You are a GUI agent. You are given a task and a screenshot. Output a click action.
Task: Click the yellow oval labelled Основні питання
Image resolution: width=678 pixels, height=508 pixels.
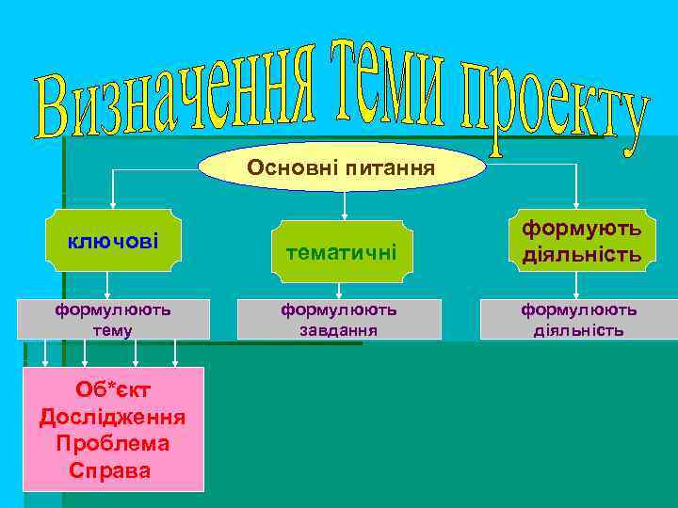pos(342,168)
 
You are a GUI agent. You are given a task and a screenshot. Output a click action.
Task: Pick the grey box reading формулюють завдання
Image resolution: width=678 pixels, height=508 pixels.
pos(339,320)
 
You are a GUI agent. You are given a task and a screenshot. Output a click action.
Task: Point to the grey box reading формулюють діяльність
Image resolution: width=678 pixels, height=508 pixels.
pos(578,320)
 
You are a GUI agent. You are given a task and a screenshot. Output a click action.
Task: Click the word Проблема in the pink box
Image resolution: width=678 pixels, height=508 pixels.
pos(112,443)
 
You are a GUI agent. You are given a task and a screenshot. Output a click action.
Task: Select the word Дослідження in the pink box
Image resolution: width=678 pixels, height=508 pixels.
pos(112,417)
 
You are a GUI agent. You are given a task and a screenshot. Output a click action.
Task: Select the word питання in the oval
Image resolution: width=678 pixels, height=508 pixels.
pos(390,169)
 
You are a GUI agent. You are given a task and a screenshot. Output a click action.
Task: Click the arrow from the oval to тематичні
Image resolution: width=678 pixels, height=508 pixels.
pos(346,205)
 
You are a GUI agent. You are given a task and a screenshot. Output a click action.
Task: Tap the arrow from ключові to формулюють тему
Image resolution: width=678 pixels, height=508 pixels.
pos(106,287)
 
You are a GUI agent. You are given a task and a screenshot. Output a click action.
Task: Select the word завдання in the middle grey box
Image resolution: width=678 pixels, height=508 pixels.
pos(339,330)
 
